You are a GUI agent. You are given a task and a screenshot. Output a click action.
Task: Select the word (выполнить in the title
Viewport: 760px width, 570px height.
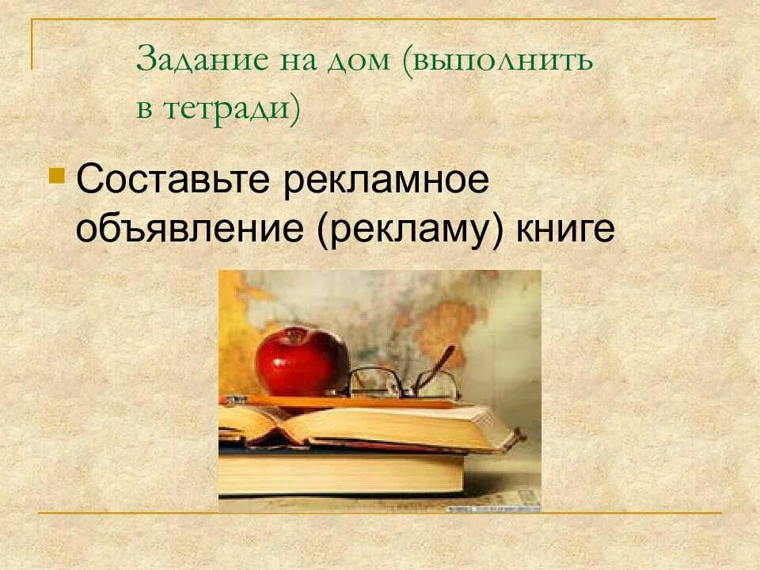tap(497, 61)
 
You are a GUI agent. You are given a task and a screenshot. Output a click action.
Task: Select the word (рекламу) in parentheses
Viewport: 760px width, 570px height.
tap(411, 230)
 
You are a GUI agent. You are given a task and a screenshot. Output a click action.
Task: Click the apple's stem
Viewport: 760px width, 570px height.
tap(295, 332)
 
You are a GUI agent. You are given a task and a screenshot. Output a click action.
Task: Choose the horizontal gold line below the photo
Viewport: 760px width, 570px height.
tap(380, 513)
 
